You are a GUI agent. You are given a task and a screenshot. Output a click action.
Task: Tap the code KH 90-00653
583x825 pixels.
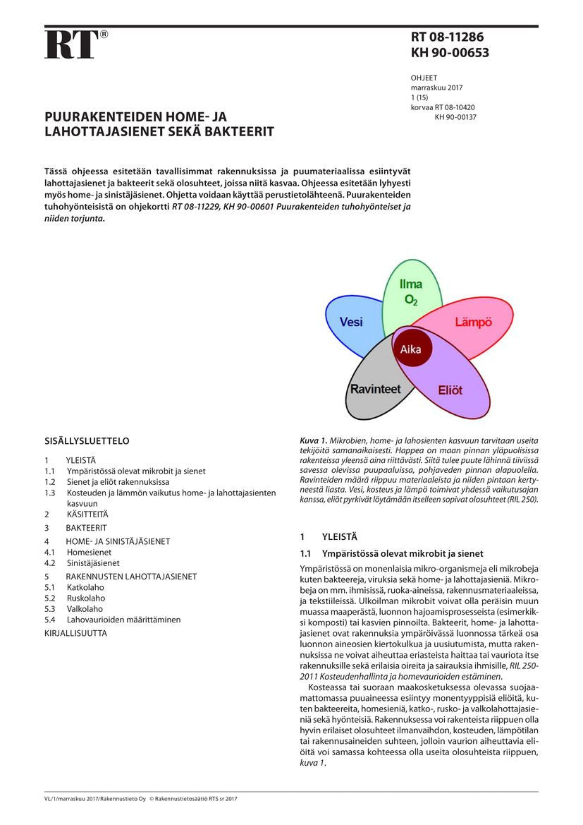(450, 53)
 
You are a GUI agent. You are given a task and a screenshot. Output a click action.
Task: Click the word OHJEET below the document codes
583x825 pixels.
(424, 78)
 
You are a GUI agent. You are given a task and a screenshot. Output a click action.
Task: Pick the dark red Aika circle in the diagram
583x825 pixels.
(411, 349)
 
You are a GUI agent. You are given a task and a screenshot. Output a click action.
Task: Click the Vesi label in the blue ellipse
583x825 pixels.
(351, 322)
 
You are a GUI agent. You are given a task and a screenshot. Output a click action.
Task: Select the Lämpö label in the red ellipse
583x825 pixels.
(473, 322)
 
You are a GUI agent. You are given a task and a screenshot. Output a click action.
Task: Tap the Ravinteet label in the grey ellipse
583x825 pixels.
(375, 389)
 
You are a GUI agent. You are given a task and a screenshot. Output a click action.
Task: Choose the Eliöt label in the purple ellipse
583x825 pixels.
(450, 389)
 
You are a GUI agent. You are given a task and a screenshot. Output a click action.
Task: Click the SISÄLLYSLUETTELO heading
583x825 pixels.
(87, 441)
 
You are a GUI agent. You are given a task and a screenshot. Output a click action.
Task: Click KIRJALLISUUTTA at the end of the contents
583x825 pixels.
(75, 633)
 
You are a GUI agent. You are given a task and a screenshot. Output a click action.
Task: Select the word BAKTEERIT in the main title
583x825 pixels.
(238, 131)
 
